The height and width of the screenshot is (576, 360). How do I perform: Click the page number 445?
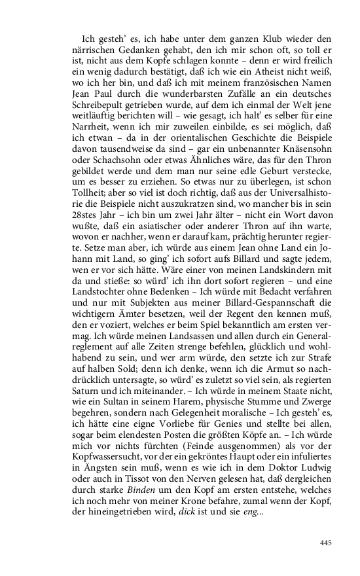click(327, 542)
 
